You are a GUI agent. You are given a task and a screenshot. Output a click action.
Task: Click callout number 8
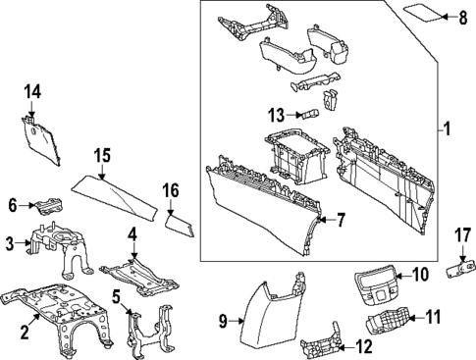(x=463, y=18)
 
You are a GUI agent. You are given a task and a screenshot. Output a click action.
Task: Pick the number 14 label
(x=32, y=91)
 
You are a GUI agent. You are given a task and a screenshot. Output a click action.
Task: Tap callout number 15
(x=101, y=154)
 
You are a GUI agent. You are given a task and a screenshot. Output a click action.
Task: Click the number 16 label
(x=171, y=190)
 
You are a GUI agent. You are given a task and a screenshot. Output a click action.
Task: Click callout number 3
(x=9, y=243)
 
